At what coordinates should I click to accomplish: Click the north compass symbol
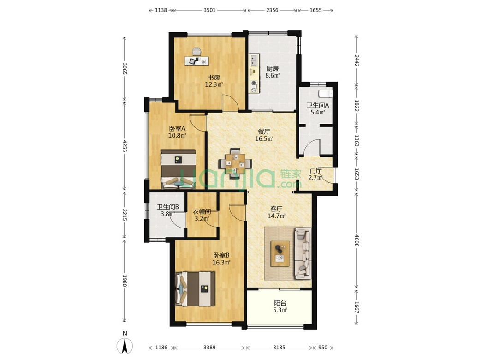click(125, 346)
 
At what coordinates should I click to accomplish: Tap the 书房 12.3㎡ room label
click(214, 81)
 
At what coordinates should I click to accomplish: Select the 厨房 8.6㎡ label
click(272, 72)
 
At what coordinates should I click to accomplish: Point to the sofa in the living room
click(303, 253)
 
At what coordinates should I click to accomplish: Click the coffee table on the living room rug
click(280, 254)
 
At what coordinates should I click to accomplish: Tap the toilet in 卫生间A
click(325, 93)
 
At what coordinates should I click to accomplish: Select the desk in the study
click(196, 60)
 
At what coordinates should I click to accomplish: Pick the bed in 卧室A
click(179, 169)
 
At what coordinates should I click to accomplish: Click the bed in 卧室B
click(195, 289)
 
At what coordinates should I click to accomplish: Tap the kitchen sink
click(254, 60)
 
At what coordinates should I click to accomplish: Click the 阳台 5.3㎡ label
click(280, 306)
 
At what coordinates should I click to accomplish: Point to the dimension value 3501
click(209, 10)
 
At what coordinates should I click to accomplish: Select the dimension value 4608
click(356, 240)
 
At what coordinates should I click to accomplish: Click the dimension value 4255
click(124, 146)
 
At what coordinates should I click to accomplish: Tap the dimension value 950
click(323, 348)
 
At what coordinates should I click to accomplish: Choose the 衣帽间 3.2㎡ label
click(202, 215)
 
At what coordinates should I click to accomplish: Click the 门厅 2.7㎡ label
click(315, 174)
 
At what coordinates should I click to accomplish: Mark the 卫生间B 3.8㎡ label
click(167, 210)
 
